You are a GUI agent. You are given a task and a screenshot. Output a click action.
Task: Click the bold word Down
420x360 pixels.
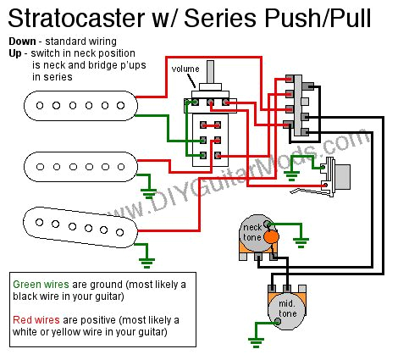tap(25, 40)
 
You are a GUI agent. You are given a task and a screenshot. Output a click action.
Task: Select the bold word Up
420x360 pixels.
tap(16, 53)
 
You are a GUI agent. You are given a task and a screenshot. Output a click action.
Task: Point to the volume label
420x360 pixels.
tap(185, 69)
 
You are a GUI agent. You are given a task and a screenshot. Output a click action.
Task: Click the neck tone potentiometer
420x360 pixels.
tap(255, 233)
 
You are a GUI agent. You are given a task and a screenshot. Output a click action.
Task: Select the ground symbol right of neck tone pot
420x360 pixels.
tap(301, 241)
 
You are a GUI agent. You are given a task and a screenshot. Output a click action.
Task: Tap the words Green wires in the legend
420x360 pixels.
tap(39, 284)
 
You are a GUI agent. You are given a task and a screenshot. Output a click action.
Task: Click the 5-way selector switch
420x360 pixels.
tap(298, 106)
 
